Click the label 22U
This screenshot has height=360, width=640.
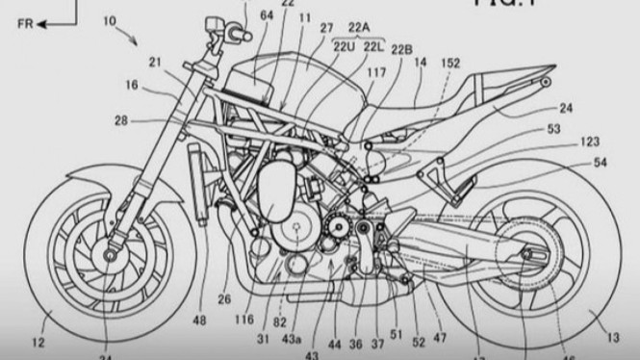344,46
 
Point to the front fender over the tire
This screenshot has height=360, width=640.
106,177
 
